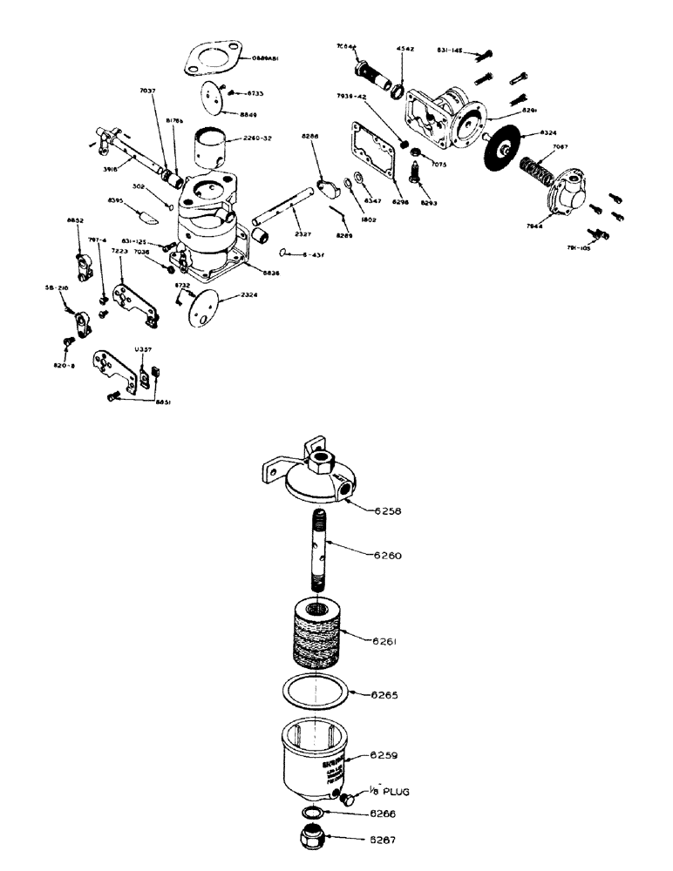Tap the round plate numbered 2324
[x=202, y=306]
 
